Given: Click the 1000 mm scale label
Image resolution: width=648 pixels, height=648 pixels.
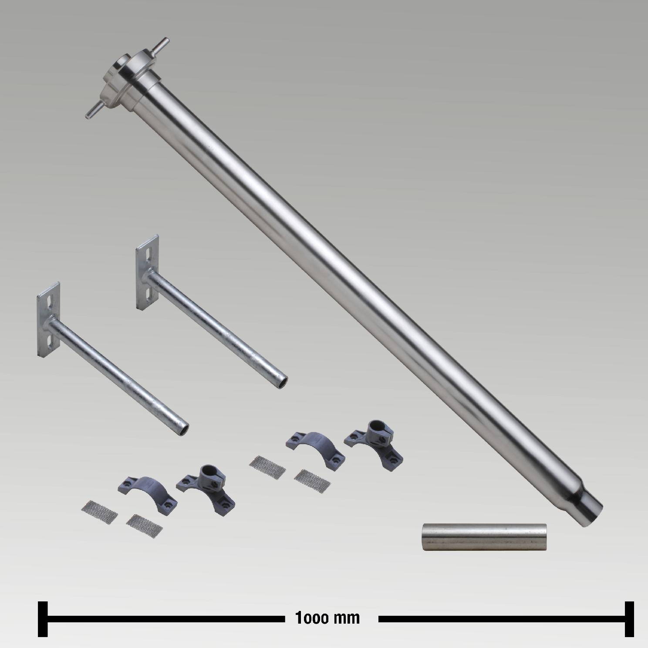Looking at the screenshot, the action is pos(328,618).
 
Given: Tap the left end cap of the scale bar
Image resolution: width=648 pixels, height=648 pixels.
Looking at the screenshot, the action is pos(42,619).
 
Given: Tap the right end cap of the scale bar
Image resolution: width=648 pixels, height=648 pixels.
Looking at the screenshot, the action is pos(629,619).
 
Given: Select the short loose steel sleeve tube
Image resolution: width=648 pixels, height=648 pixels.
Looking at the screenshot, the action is pos(484,537).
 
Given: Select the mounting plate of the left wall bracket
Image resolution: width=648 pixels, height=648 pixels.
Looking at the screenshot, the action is pos(48,320).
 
